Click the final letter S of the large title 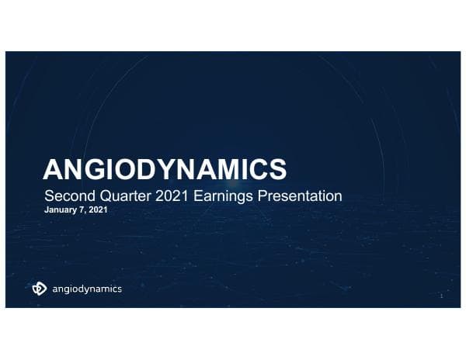[x=279, y=169]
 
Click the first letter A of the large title [x=52, y=169]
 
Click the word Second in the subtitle [x=67, y=196]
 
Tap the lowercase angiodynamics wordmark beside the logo [x=85, y=290]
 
